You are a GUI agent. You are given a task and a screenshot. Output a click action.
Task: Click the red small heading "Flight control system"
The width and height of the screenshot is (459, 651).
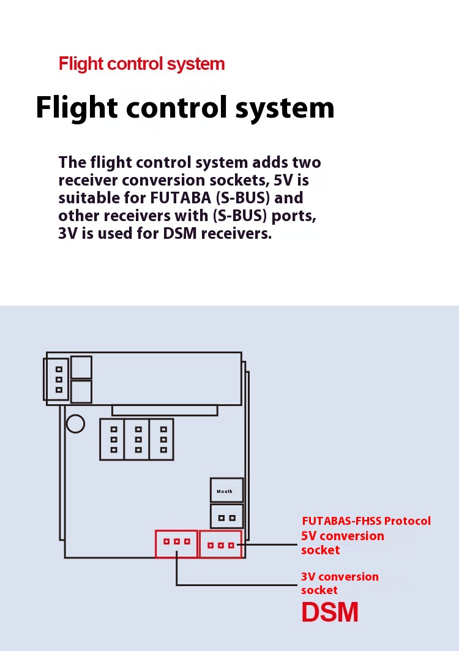(x=141, y=64)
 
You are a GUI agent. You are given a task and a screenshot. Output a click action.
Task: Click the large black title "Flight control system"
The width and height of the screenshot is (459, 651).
(x=185, y=108)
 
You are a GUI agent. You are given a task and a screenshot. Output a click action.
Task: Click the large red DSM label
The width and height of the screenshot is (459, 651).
(x=329, y=612)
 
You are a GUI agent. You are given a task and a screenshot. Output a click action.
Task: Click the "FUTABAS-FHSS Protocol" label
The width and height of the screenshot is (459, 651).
(x=366, y=521)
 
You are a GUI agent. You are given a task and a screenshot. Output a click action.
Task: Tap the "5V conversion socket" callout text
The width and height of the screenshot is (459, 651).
(x=342, y=543)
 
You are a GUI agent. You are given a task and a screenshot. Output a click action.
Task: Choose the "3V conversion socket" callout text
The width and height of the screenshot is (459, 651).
(x=339, y=583)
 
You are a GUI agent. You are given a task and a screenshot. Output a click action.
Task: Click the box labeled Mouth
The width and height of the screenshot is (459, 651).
(x=226, y=491)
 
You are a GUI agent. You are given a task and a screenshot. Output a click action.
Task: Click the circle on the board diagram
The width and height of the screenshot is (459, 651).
(x=75, y=423)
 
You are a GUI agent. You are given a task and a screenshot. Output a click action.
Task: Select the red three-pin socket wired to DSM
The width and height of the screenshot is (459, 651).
(x=176, y=543)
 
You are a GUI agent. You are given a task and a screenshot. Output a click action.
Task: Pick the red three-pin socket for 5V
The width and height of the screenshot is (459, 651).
(x=220, y=544)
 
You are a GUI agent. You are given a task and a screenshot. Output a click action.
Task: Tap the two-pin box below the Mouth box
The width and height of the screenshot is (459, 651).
(x=226, y=517)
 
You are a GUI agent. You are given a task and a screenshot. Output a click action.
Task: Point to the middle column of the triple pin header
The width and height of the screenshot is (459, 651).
(x=138, y=439)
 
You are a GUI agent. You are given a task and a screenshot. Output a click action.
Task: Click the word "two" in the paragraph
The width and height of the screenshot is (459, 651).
(x=307, y=163)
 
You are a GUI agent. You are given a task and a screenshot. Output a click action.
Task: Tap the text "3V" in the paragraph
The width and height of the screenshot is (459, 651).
(x=67, y=234)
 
